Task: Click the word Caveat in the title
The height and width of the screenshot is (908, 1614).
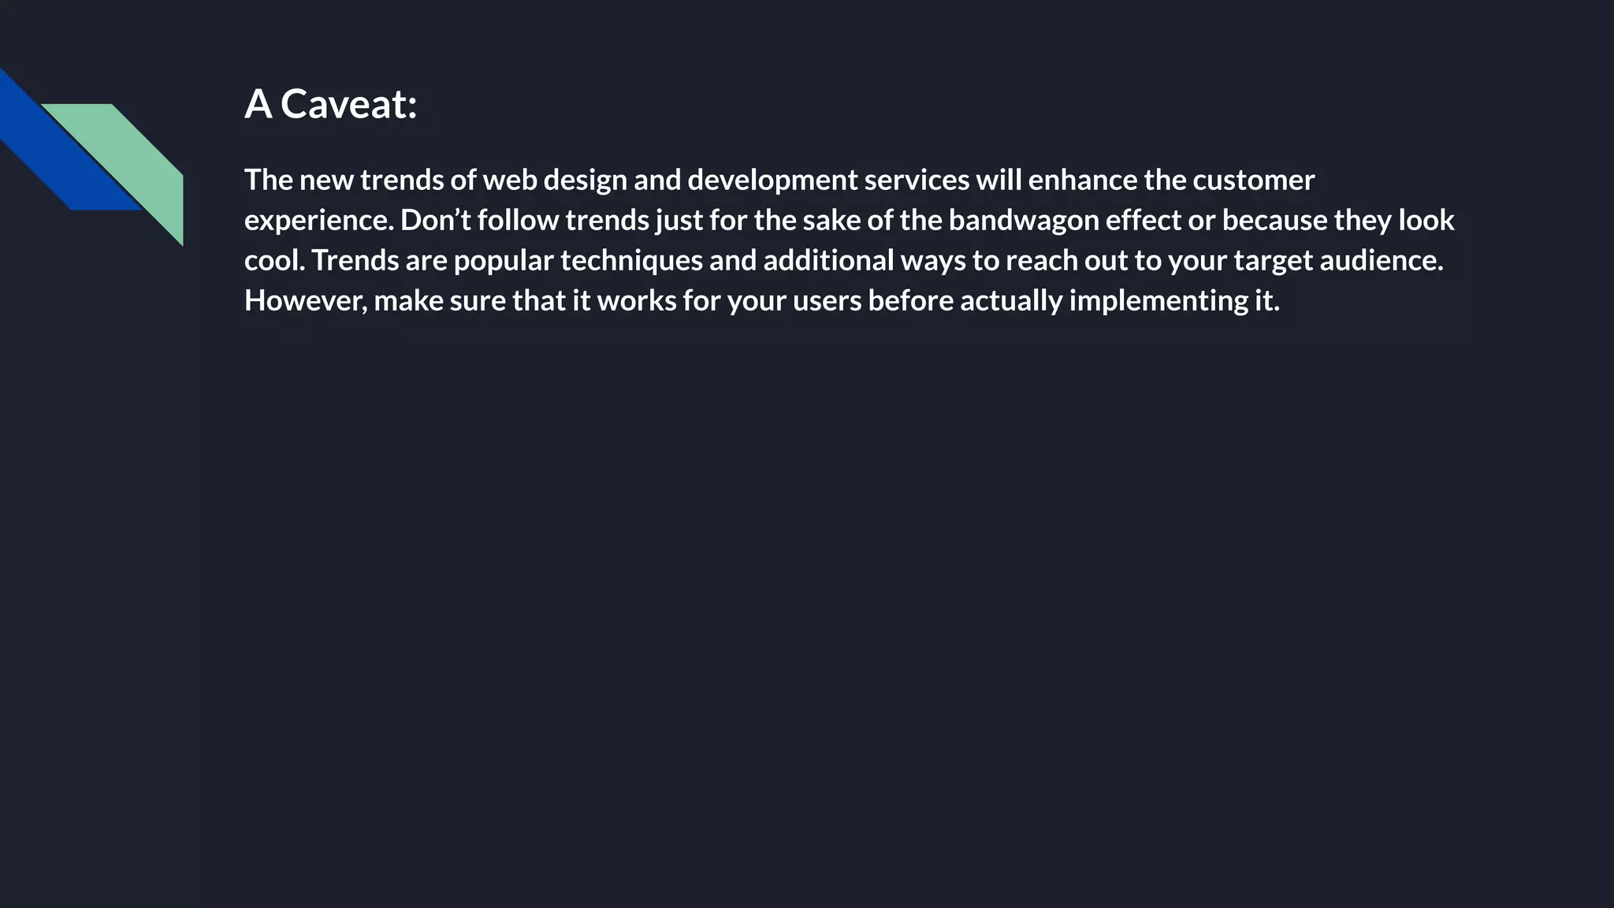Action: pos(348,104)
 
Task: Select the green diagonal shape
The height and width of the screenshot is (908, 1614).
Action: pos(134,158)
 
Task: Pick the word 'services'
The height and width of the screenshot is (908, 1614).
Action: pos(917,180)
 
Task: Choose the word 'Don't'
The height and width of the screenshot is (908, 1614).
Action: pos(435,221)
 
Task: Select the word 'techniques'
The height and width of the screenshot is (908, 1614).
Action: pos(631,261)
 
